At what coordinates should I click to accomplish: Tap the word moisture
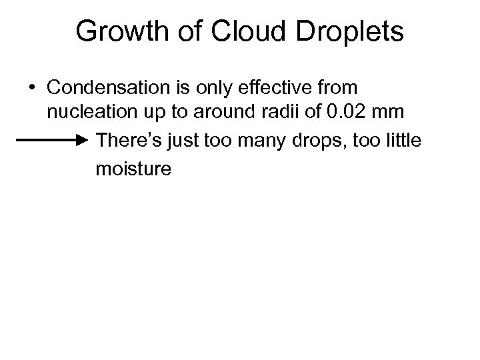133,169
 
